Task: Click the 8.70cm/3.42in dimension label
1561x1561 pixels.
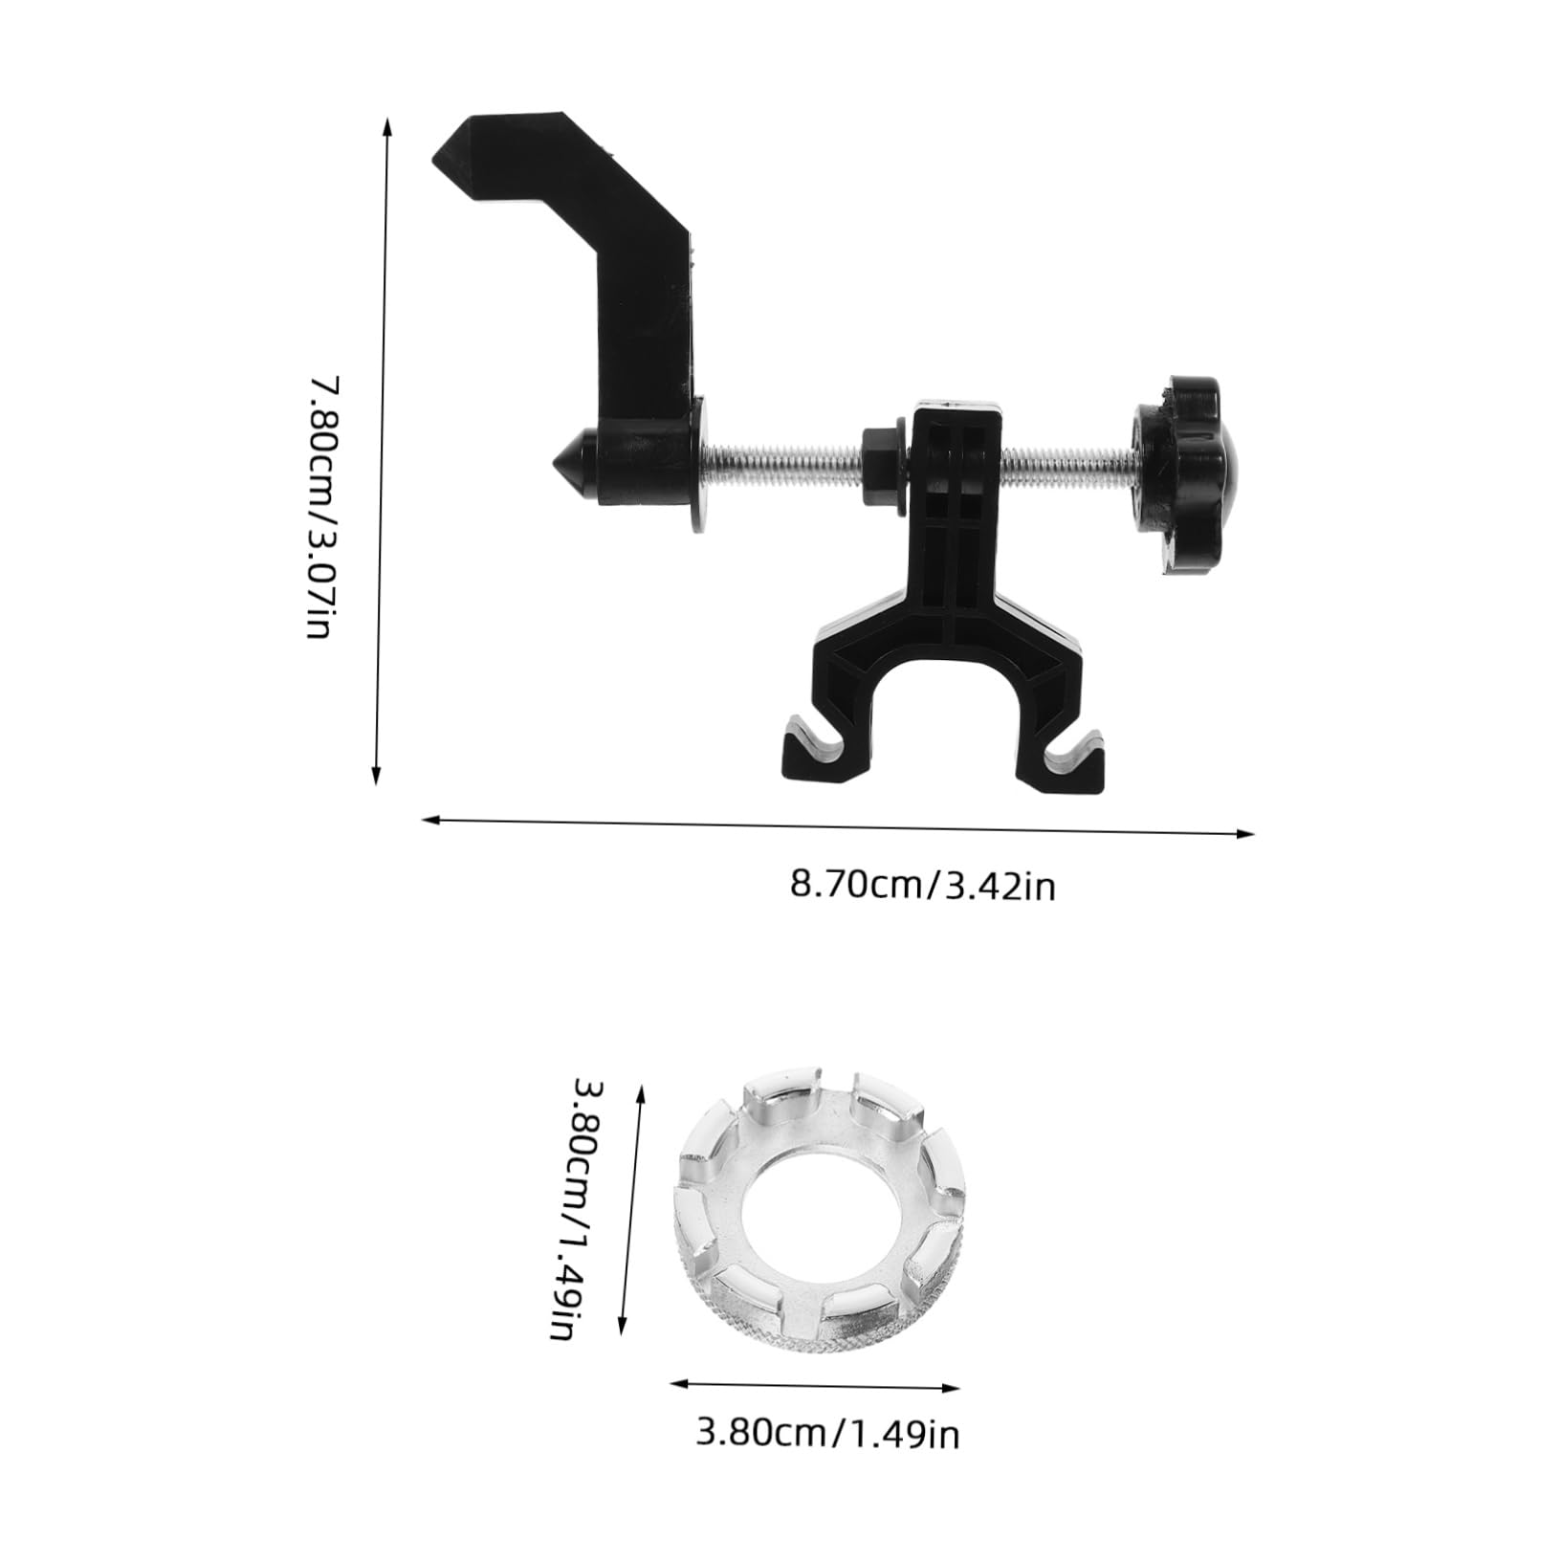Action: (922, 884)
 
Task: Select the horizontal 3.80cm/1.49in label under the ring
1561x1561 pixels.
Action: (827, 1460)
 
